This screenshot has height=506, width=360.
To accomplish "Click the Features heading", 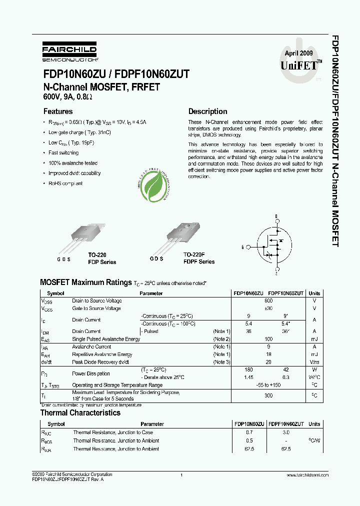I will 58,111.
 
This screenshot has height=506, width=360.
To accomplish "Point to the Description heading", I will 207,111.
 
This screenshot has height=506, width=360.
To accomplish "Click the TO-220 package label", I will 98,254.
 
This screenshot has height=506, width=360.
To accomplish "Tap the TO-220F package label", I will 194,254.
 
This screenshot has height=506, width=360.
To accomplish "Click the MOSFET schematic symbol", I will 272,246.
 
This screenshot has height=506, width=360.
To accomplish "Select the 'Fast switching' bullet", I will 63,152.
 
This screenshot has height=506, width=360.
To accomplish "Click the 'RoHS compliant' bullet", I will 65,183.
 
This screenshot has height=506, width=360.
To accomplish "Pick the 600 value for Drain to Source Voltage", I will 268,300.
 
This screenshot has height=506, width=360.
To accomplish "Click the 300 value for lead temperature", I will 268,395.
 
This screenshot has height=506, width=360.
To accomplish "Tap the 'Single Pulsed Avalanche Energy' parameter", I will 106,339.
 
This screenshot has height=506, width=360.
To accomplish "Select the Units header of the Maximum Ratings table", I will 314,293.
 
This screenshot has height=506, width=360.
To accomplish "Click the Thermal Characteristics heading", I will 80,413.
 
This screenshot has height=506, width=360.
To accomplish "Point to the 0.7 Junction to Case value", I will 249,432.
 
